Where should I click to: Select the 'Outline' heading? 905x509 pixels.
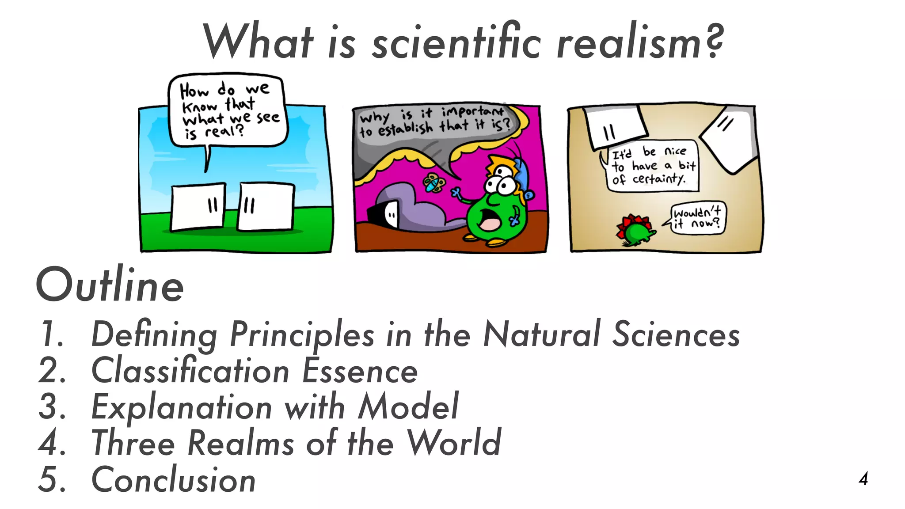(110, 286)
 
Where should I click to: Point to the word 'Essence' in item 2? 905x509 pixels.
(360, 371)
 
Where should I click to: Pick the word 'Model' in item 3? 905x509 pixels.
(408, 407)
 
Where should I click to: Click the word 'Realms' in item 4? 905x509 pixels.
(241, 443)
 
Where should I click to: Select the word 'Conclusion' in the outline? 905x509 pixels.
(173, 480)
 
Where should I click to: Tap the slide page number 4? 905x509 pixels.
(863, 479)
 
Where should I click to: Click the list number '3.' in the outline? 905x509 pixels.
(52, 407)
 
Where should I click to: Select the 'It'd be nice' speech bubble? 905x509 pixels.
(653, 166)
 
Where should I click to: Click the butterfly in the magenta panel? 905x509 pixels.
(434, 183)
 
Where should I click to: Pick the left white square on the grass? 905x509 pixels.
(198, 207)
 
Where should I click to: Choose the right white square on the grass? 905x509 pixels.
(266, 207)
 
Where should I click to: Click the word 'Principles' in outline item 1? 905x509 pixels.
(302, 334)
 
